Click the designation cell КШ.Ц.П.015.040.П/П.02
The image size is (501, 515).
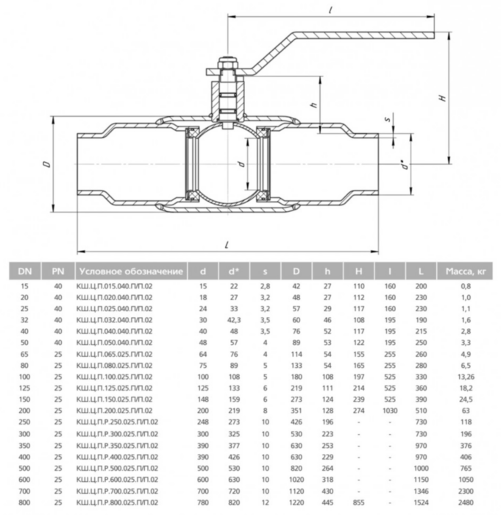pyautogui.click(x=115, y=285)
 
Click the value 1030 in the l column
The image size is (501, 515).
pyautogui.click(x=391, y=410)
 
